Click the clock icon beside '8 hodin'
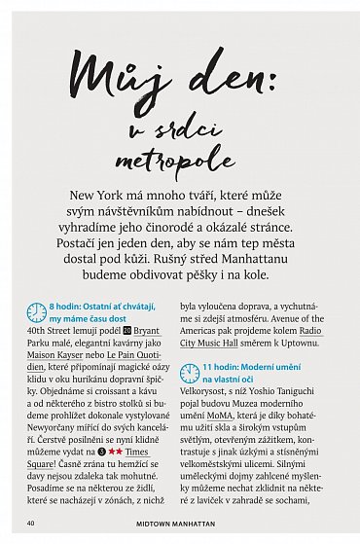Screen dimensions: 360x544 36,311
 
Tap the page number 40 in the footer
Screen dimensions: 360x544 32,523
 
